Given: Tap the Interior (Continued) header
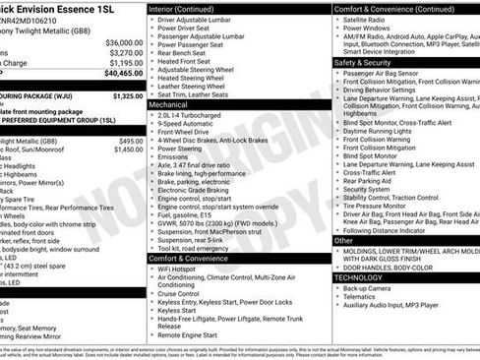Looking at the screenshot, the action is (x=190, y=8).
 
